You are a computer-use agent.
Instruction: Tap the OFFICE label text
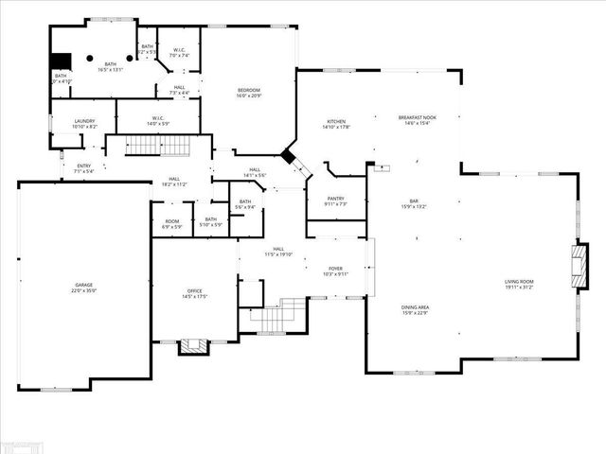[194, 294]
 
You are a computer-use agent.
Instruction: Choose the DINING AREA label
[416, 310]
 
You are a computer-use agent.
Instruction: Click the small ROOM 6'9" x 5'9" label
[171, 221]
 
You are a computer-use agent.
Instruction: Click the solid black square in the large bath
[60, 60]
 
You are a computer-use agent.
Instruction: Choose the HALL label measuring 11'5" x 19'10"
[278, 252]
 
